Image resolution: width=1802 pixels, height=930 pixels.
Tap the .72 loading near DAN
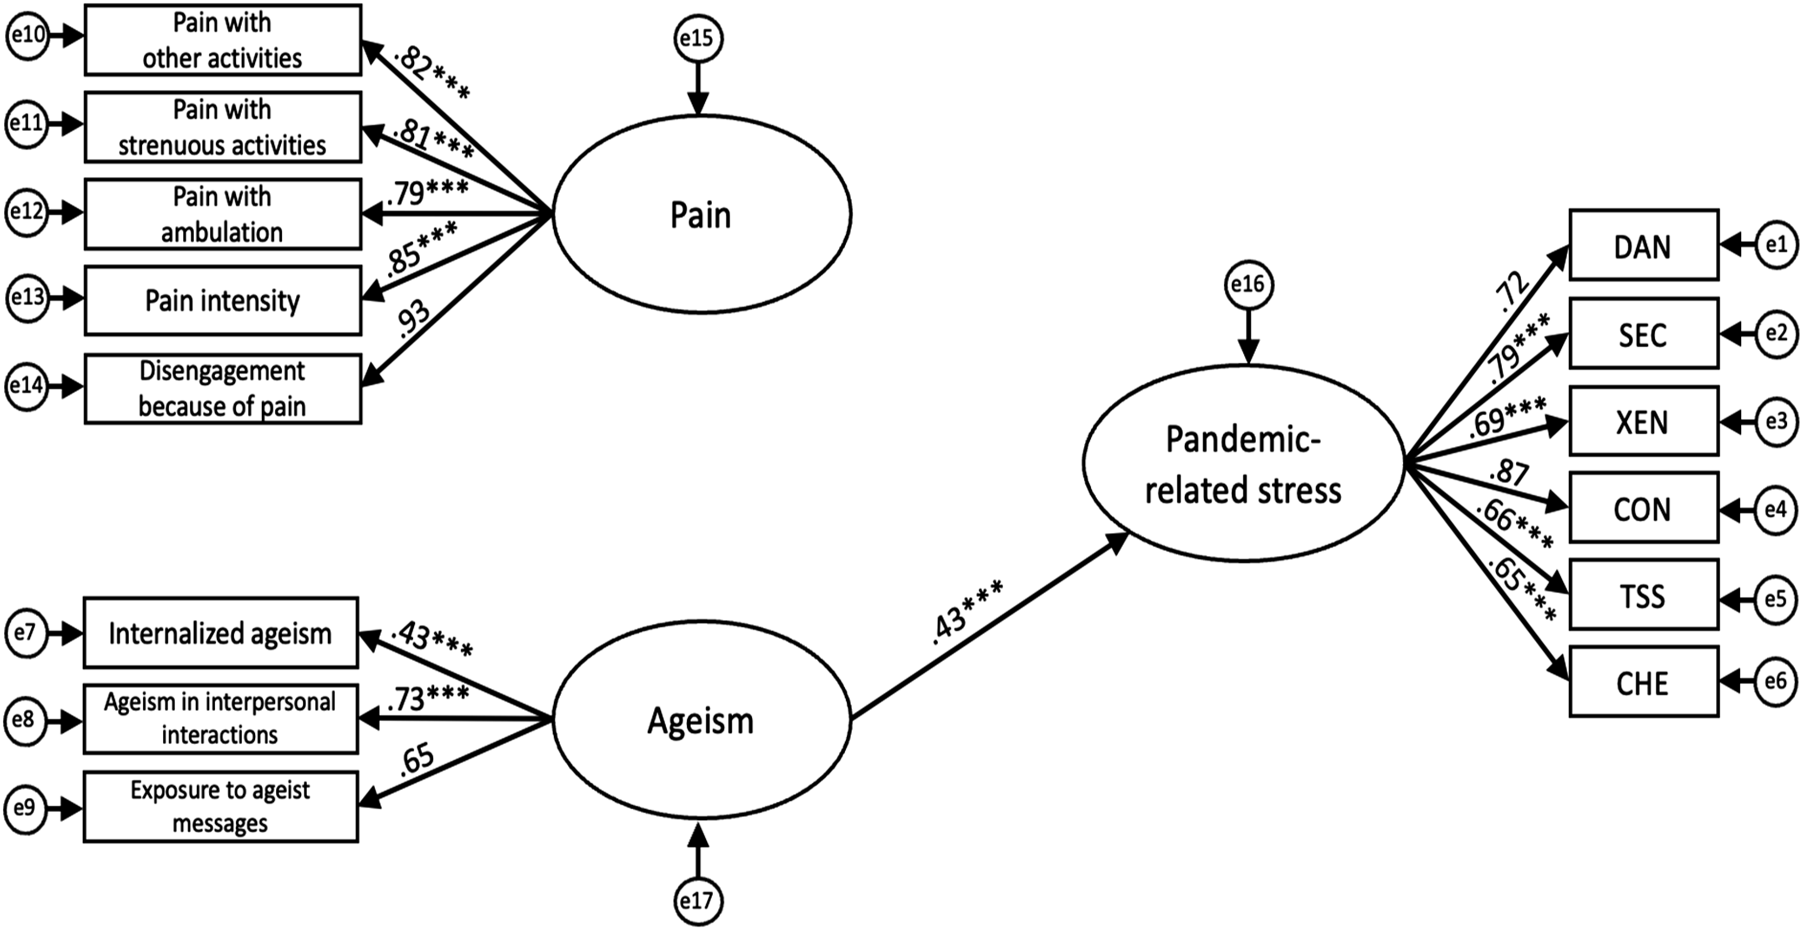click(1512, 290)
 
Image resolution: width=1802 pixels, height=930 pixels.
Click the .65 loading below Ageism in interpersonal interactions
click(417, 760)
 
